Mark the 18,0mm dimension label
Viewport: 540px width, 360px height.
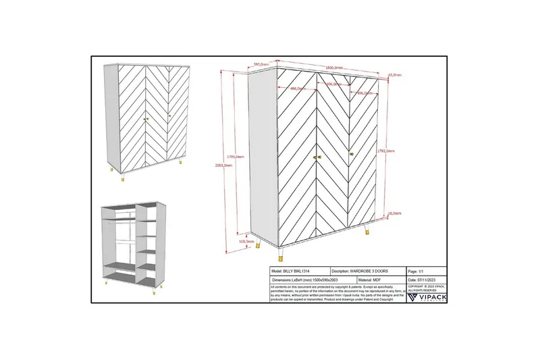point(396,213)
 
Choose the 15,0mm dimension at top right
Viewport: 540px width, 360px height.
point(394,76)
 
